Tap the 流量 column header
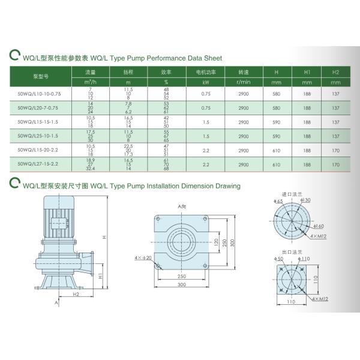point(91,71)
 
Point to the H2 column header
point(335,71)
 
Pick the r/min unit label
point(243,82)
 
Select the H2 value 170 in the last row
point(335,164)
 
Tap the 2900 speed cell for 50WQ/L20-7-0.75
point(243,108)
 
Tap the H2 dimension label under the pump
point(76,295)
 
